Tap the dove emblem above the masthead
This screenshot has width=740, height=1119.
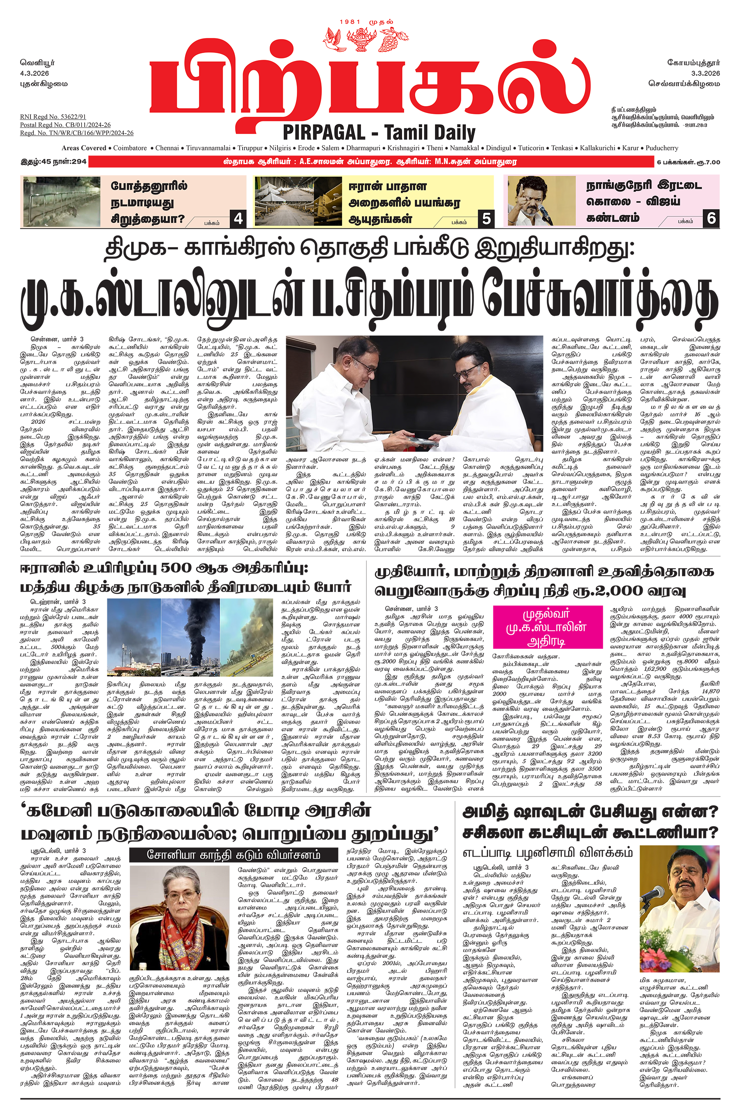click(335, 38)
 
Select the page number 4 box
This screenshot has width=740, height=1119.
click(238, 218)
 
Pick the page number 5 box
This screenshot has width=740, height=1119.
click(486, 218)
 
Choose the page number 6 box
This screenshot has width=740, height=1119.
click(711, 218)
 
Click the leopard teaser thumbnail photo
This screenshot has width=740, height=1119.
click(61, 202)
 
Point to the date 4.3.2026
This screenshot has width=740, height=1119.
click(35, 73)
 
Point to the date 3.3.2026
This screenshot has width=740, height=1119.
click(705, 73)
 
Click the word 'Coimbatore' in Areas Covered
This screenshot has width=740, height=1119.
click(130, 148)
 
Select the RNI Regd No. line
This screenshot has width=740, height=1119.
click(53, 116)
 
